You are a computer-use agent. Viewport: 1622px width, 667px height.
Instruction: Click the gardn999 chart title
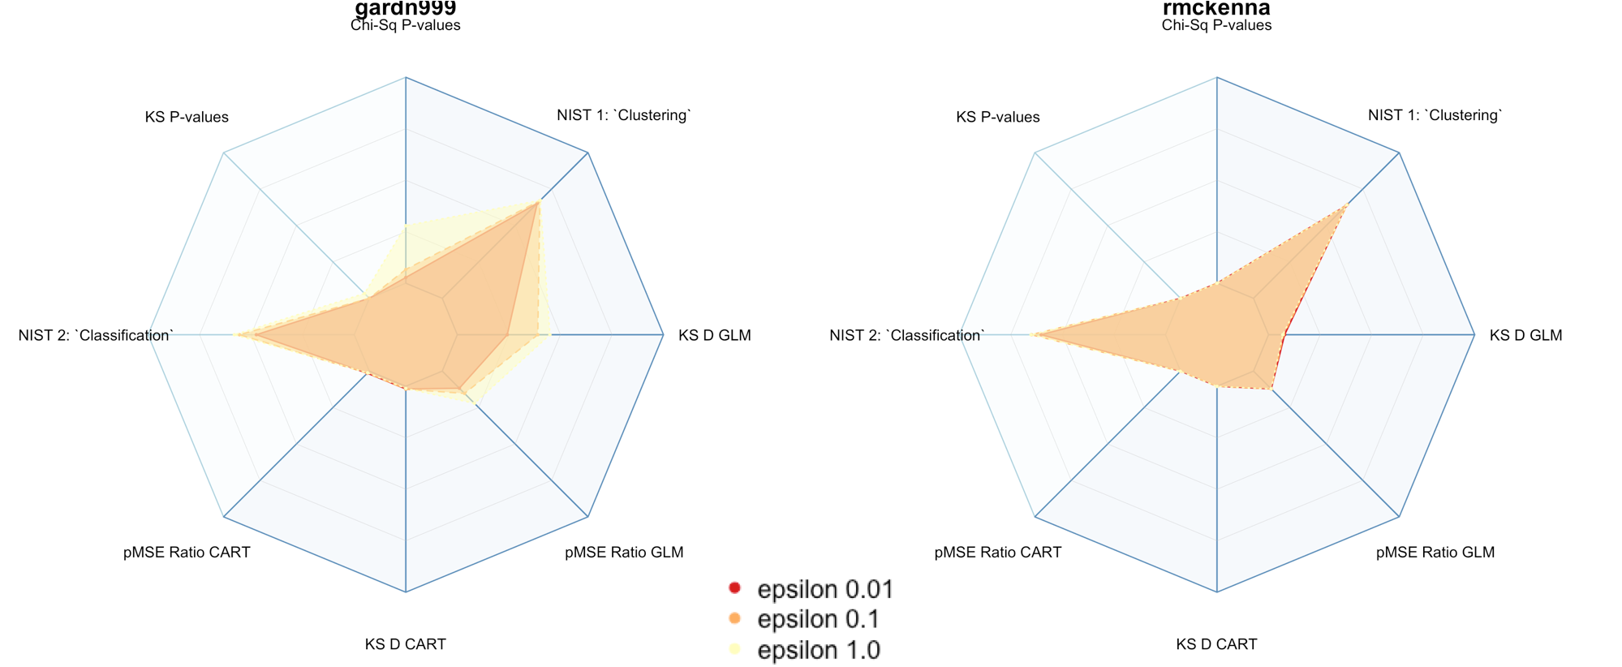point(406,8)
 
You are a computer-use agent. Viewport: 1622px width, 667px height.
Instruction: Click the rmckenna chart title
point(1216,8)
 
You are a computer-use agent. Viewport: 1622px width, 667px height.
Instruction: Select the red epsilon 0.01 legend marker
point(735,587)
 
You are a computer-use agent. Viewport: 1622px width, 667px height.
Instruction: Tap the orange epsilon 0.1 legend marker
point(735,618)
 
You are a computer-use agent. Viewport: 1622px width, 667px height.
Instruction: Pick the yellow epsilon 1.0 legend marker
point(735,648)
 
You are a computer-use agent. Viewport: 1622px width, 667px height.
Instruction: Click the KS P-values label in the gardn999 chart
point(187,117)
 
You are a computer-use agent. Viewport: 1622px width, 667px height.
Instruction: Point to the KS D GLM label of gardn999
point(714,335)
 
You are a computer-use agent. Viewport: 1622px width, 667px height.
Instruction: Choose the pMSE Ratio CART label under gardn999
point(187,552)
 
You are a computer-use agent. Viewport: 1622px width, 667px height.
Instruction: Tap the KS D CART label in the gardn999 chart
point(405,643)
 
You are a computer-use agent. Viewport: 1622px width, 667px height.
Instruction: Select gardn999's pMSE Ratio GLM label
point(624,552)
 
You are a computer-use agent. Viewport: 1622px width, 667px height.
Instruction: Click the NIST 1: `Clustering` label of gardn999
point(624,115)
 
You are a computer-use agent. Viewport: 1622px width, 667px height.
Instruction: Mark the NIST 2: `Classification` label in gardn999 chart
point(96,335)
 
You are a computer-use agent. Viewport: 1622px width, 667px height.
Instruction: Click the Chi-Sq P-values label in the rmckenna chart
point(1216,25)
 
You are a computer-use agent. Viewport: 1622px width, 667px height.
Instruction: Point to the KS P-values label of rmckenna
point(997,117)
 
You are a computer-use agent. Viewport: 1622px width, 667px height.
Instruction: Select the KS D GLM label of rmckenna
point(1525,335)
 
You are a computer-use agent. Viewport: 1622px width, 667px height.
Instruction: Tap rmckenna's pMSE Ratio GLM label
point(1435,552)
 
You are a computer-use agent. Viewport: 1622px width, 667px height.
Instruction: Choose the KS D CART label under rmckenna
point(1216,643)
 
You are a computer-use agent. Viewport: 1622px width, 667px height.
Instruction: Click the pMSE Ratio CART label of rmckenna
point(997,552)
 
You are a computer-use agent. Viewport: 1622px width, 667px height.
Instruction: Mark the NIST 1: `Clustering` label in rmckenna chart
point(1435,115)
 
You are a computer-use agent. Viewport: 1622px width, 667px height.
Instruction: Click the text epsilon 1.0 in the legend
point(818,650)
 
